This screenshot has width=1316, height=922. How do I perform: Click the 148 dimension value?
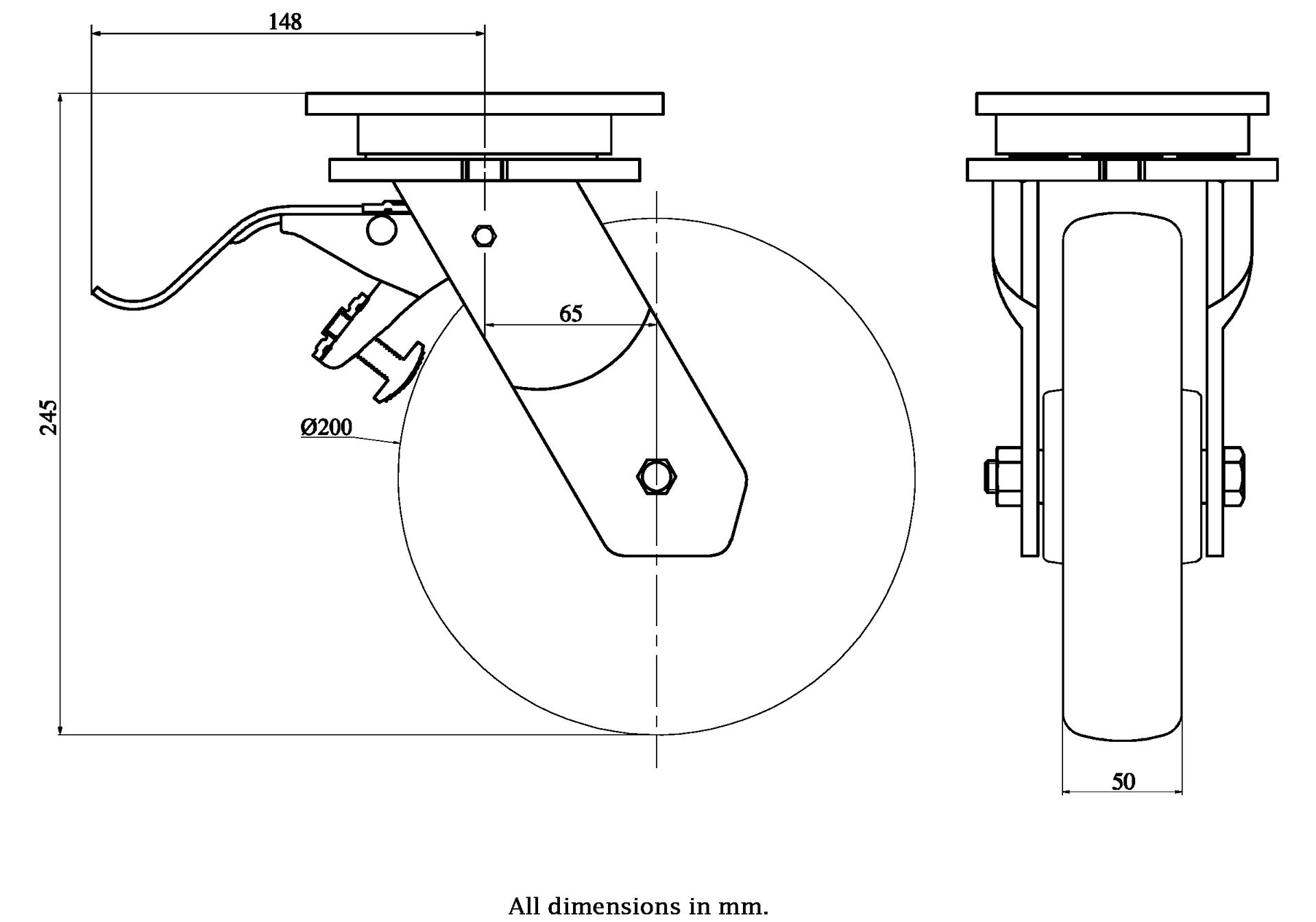click(284, 22)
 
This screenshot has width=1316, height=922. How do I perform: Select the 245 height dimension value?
click(49, 416)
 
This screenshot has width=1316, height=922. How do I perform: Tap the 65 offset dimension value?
click(570, 314)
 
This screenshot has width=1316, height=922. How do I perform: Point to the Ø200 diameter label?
click(326, 427)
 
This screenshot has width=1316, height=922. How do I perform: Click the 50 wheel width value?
click(1123, 782)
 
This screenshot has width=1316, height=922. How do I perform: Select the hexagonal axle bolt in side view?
click(657, 475)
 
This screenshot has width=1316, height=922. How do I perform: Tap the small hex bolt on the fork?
click(485, 236)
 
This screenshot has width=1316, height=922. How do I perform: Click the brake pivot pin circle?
click(381, 229)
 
